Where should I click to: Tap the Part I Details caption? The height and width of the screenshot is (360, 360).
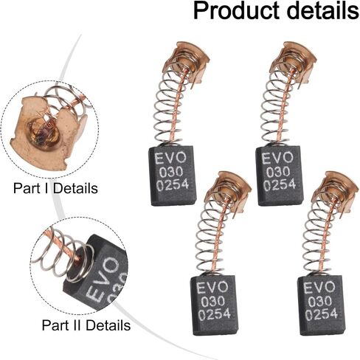[x=55, y=188]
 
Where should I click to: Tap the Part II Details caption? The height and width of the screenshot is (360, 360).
[x=86, y=325]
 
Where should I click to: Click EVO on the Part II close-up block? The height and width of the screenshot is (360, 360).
[x=103, y=280]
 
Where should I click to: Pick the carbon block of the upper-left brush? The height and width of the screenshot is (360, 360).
[x=173, y=176]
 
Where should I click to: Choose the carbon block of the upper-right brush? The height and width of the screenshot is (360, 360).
[x=280, y=176]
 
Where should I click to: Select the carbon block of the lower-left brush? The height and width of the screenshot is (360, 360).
[x=215, y=305]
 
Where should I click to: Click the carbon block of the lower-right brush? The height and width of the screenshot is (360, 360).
[x=322, y=305]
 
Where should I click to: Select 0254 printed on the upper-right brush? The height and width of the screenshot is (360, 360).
[x=280, y=184]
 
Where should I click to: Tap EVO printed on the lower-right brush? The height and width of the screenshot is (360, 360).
[x=319, y=288]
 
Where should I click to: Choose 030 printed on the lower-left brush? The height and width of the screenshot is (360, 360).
[x=212, y=302]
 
